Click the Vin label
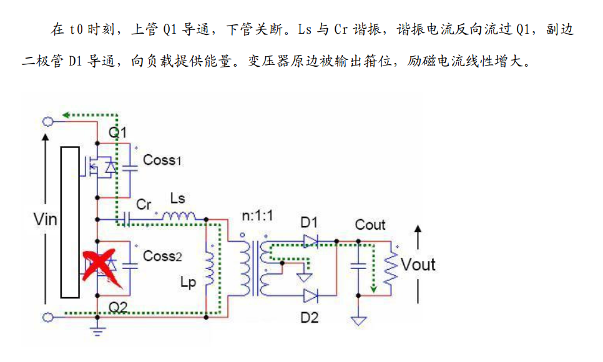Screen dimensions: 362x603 click(45, 219)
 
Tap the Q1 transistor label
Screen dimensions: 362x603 click(117, 132)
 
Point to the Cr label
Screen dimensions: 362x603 click(144, 205)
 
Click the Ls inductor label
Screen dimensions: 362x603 click(178, 199)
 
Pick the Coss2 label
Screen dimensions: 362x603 click(162, 256)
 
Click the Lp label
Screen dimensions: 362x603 click(189, 282)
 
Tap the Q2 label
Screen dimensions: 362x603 click(118, 306)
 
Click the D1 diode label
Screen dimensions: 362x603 click(309, 222)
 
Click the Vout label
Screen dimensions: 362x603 click(418, 265)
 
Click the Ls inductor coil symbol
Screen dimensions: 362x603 click(180, 217)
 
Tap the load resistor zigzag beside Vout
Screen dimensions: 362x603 click(391, 267)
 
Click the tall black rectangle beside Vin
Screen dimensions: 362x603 click(70, 222)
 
